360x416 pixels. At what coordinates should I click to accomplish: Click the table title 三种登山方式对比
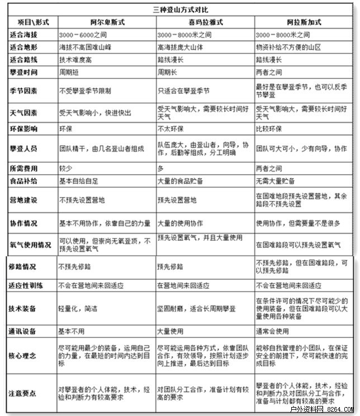point(180,10)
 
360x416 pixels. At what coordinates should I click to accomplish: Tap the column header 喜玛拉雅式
point(205,22)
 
